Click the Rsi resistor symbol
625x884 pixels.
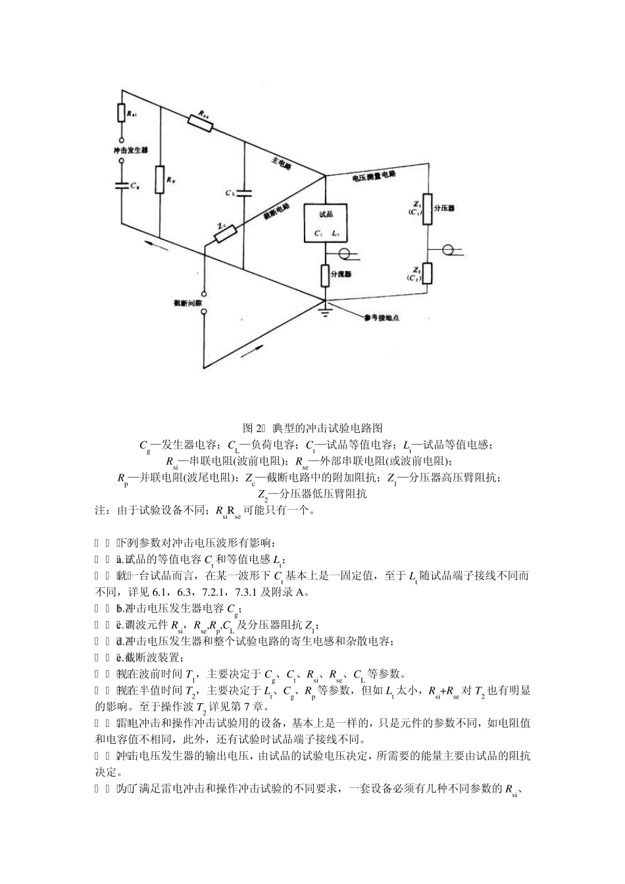[122, 113]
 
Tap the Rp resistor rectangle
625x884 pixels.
[160, 180]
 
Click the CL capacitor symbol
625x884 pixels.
[243, 193]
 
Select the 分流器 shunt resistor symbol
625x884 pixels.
[325, 274]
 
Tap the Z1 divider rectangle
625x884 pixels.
[428, 207]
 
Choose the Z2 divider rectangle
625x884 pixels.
[428, 272]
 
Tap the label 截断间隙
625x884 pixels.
[182, 303]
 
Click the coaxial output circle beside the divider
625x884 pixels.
[449, 250]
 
